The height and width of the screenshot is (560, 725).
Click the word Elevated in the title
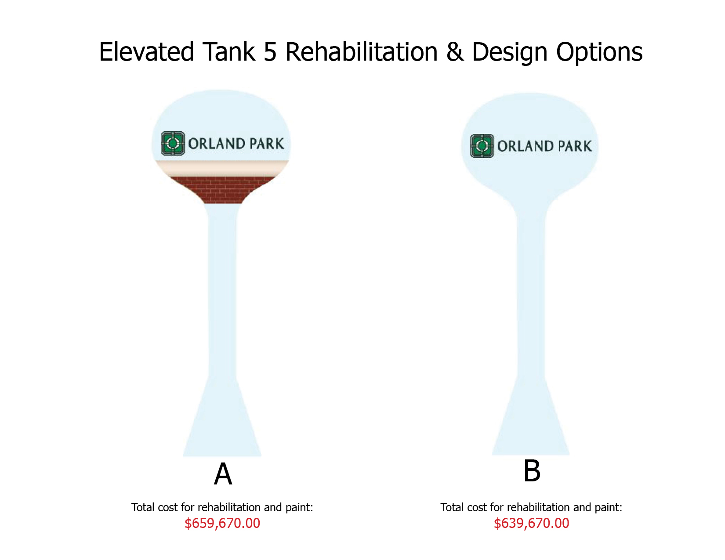(146, 52)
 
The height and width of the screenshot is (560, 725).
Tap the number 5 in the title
(270, 52)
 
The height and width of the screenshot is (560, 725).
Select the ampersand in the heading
(455, 52)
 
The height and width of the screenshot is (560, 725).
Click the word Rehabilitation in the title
(361, 52)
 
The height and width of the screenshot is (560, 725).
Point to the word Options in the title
(599, 53)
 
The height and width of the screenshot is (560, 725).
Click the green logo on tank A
(173, 144)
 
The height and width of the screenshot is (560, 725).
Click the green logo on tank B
(482, 146)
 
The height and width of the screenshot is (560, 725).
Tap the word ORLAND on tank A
(217, 144)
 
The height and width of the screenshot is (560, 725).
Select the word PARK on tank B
(575, 146)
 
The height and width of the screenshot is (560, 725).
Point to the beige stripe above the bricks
(222, 168)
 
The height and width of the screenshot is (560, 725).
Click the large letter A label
(223, 474)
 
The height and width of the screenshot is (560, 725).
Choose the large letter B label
(532, 470)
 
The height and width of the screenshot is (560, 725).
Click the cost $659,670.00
(222, 523)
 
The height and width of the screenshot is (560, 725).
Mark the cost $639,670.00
(532, 523)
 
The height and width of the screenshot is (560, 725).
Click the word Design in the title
(510, 53)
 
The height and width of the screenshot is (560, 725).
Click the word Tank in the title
(229, 52)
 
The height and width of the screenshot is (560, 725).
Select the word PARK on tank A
(267, 144)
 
